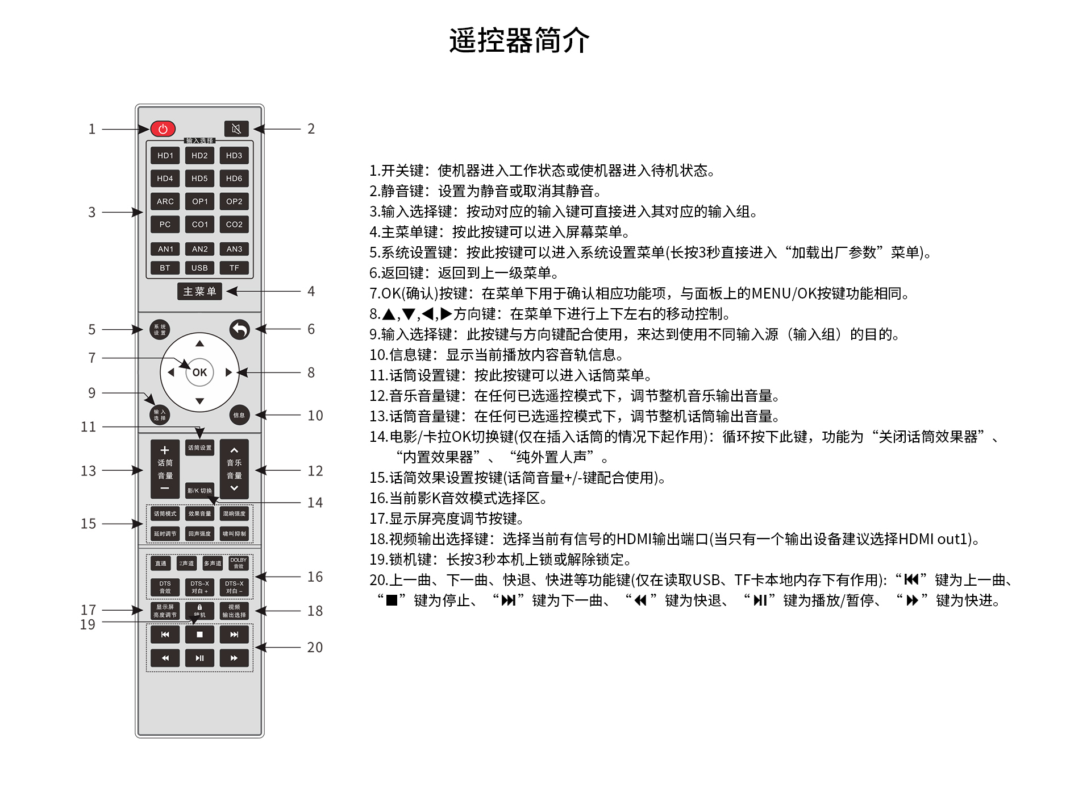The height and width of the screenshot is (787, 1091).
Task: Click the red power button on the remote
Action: [x=163, y=129]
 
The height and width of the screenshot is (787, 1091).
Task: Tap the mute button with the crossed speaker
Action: [x=236, y=129]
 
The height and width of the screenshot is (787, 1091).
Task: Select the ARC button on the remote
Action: [x=165, y=201]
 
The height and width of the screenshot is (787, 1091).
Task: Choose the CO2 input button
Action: [x=234, y=225]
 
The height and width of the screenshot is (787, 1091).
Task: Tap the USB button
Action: [x=199, y=268]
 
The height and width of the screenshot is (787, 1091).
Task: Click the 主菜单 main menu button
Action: [x=199, y=292]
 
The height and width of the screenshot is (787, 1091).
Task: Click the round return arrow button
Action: [x=240, y=329]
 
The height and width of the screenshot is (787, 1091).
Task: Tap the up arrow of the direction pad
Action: [x=199, y=343]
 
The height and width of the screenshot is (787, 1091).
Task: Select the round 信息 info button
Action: [x=239, y=415]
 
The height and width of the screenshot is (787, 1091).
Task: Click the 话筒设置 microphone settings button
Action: [x=199, y=448]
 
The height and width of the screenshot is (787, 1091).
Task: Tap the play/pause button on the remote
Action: [x=199, y=658]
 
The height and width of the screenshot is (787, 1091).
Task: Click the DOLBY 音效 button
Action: [x=239, y=563]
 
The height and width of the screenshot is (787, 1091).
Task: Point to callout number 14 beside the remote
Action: [x=315, y=503]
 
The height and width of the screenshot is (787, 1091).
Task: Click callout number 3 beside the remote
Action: [x=91, y=213]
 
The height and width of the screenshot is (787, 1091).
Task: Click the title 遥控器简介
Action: [x=519, y=40]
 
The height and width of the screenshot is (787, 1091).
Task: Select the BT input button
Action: [x=165, y=268]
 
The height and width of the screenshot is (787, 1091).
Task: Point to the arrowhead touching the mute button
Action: [x=258, y=129]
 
